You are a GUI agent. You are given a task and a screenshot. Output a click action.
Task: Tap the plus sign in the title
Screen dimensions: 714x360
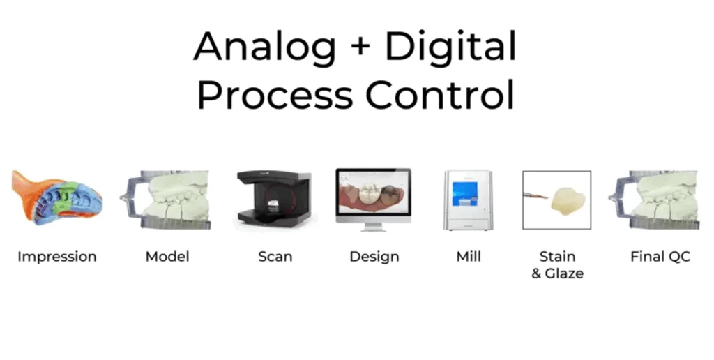(x=360, y=47)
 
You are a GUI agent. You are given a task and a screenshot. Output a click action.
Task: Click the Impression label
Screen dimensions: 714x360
(x=57, y=257)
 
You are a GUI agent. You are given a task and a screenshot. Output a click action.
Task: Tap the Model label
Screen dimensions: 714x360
(x=167, y=257)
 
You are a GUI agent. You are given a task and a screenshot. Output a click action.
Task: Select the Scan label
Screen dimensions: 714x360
(x=275, y=257)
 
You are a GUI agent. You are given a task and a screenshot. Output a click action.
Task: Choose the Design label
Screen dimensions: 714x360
(x=374, y=257)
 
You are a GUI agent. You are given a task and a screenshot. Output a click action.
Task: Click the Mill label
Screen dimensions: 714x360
(x=469, y=257)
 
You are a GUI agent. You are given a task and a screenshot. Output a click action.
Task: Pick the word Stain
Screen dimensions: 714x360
(x=557, y=257)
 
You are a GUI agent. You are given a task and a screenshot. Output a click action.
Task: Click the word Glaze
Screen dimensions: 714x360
(x=564, y=273)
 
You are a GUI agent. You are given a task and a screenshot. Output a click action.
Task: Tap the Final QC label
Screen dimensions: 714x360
(x=660, y=257)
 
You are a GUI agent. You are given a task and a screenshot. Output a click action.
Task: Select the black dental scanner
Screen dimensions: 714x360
(x=274, y=198)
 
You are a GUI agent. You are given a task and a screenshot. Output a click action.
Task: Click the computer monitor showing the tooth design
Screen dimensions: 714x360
(x=374, y=200)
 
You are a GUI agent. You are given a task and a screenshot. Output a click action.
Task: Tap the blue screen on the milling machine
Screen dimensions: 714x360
(x=465, y=194)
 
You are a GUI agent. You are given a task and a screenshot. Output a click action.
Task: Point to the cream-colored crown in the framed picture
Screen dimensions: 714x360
(x=568, y=202)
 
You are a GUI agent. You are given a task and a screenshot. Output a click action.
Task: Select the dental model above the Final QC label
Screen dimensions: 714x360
(x=654, y=200)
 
